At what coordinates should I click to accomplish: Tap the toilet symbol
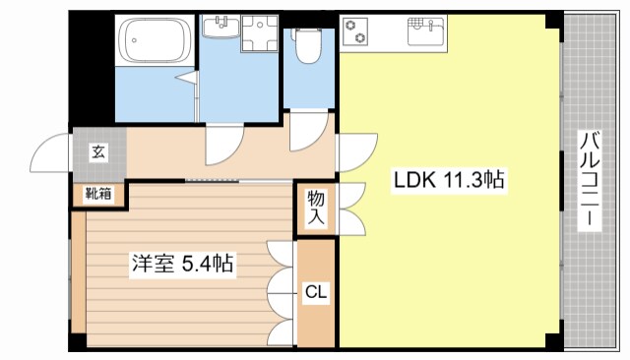click(x=308, y=44)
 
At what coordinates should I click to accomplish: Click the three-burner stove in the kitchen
click(x=356, y=31)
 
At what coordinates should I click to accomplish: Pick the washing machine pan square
click(x=259, y=34)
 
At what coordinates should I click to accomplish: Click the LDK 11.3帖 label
click(x=450, y=180)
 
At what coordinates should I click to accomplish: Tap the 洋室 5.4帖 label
click(x=183, y=264)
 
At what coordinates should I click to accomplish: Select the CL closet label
click(x=315, y=291)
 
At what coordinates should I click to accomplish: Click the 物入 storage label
click(x=316, y=209)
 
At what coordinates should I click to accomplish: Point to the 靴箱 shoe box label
click(x=97, y=194)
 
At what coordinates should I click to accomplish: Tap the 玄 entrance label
click(x=97, y=151)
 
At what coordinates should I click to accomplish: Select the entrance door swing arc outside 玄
click(x=49, y=152)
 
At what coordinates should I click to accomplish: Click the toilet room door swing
click(x=308, y=133)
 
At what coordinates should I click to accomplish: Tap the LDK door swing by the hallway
click(x=357, y=152)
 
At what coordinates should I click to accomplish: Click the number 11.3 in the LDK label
click(x=464, y=180)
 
